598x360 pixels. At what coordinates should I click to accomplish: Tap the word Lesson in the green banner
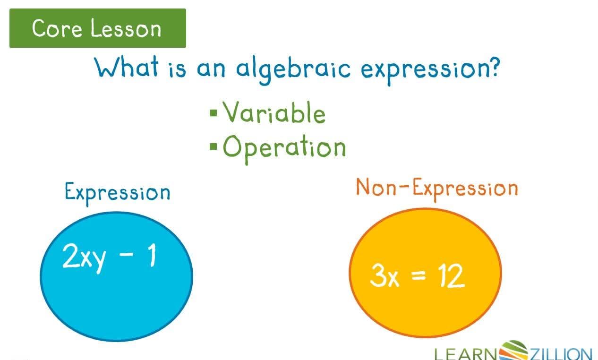126,28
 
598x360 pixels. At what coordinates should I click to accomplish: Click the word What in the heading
127,68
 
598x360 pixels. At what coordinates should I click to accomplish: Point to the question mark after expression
492,68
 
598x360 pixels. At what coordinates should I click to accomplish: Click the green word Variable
274,113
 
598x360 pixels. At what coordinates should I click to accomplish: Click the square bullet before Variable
214,113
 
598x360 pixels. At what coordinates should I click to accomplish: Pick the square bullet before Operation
214,146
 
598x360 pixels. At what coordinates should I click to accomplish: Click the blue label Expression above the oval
117,192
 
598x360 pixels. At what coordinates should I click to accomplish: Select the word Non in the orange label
375,187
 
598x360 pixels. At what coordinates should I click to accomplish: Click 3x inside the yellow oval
384,276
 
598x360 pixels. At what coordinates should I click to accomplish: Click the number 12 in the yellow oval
450,276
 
